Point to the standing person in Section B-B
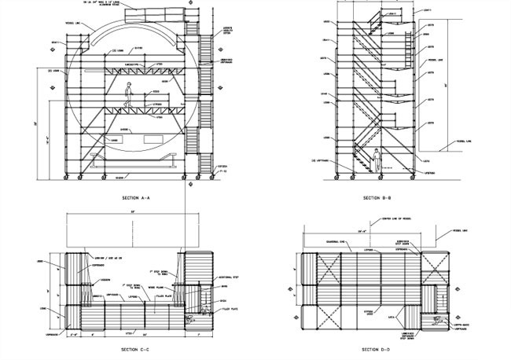click(x=377, y=160)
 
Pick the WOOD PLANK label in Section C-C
click(x=151, y=288)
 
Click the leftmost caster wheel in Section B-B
click(x=339, y=177)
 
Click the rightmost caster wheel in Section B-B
click(x=410, y=177)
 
